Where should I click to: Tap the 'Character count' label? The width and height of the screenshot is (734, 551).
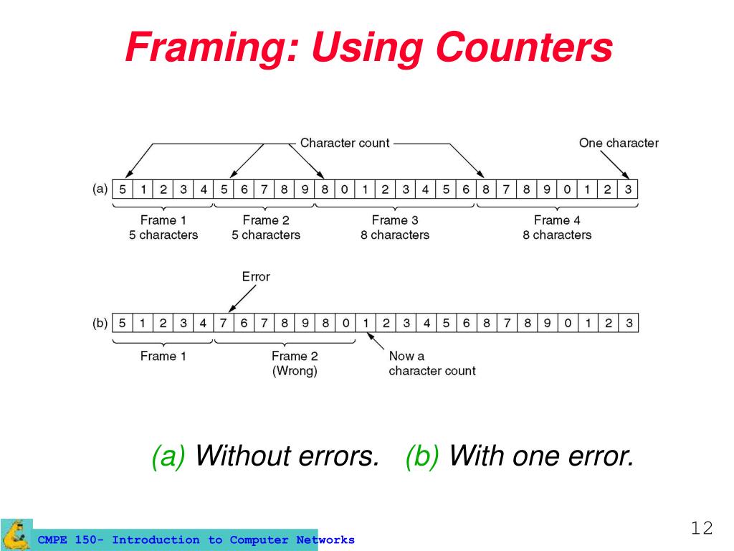345,143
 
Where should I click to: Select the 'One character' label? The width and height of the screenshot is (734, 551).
619,143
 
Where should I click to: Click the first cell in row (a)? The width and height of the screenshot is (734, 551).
123,189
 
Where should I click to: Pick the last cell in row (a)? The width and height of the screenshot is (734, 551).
628,189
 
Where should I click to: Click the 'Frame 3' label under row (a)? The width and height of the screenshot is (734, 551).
395,220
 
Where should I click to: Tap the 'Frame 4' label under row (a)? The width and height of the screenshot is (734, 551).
557,220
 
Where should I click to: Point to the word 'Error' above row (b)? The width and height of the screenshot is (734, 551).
256,276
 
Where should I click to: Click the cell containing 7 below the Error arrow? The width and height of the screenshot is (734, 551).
224,323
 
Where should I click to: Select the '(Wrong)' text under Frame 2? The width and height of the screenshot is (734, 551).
295,371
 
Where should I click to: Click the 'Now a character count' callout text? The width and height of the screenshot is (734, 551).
432,363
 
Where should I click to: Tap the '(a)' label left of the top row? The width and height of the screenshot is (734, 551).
100,189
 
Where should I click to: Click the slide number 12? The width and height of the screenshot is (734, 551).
702,529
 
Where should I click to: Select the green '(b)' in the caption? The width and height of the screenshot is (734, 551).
423,456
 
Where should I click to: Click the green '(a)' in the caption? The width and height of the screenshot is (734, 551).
168,456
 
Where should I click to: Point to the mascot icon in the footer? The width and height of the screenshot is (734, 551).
16,534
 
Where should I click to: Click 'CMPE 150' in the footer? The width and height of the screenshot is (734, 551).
69,540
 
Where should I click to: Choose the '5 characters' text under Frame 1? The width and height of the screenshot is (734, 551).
163,235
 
